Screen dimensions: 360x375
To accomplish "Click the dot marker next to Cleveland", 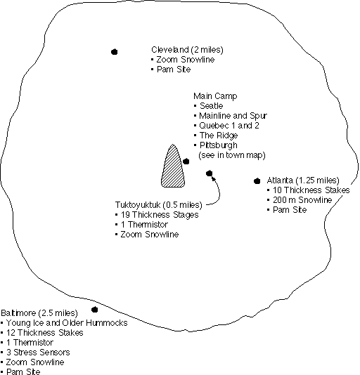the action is (x=115, y=52).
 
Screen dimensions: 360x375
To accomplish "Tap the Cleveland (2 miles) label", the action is (x=187, y=50).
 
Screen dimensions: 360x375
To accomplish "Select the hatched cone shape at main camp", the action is (x=173, y=166).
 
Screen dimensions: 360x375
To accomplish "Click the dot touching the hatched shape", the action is (x=186, y=162).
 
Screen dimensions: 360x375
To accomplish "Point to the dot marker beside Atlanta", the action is (x=257, y=181).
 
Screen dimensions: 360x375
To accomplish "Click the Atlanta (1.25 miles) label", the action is (x=303, y=180).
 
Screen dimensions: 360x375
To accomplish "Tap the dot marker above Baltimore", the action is (x=95, y=310).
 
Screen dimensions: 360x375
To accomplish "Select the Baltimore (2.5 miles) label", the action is (x=39, y=312).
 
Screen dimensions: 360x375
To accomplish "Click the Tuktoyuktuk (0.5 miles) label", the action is (x=159, y=205).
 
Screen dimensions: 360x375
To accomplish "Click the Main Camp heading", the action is (x=215, y=96).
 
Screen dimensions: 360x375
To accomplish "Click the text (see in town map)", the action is (x=232, y=155).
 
